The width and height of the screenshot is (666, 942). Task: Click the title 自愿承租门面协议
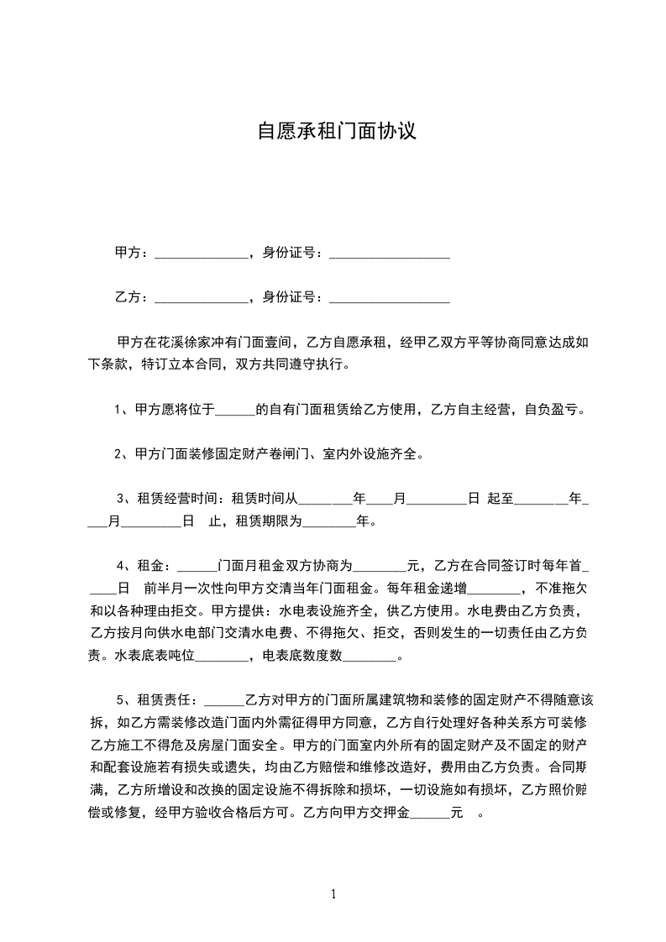pyautogui.click(x=336, y=133)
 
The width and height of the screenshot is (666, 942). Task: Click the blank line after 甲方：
pyautogui.click(x=202, y=254)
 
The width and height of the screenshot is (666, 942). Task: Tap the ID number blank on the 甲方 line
pyautogui.click(x=390, y=254)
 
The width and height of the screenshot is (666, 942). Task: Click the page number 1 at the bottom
pyautogui.click(x=333, y=893)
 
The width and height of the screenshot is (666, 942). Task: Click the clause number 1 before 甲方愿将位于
pyautogui.click(x=118, y=410)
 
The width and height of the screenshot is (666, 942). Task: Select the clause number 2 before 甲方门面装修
pyautogui.click(x=118, y=454)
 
